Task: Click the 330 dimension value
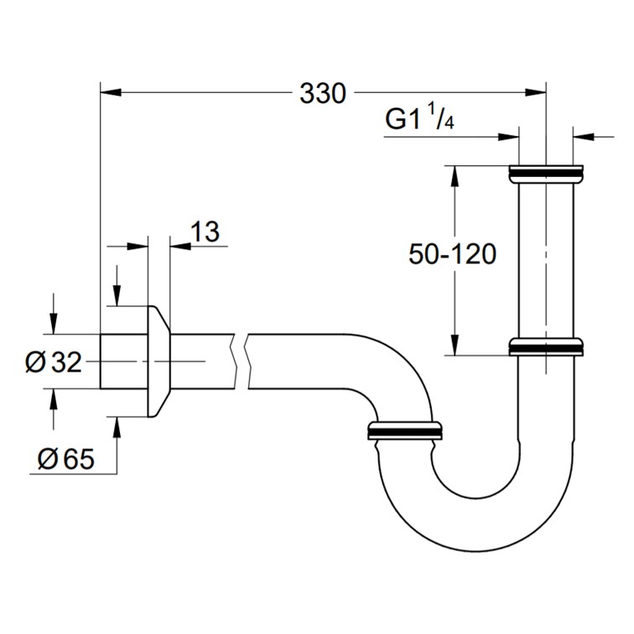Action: pyautogui.click(x=323, y=94)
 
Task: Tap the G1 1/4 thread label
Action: pyautogui.click(x=419, y=117)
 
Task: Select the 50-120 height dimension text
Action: pyautogui.click(x=453, y=254)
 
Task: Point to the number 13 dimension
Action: pyautogui.click(x=205, y=231)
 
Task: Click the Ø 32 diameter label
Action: pyautogui.click(x=54, y=362)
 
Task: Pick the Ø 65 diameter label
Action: pyautogui.click(x=66, y=459)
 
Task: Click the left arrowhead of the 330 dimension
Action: pyautogui.click(x=111, y=92)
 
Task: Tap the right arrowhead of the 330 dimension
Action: pyautogui.click(x=535, y=92)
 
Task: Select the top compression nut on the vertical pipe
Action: pyautogui.click(x=546, y=174)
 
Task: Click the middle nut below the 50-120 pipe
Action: pyautogui.click(x=546, y=347)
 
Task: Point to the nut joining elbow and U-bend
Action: pyautogui.click(x=405, y=430)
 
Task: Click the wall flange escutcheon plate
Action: pyautogui.click(x=159, y=361)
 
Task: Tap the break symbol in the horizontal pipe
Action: pyautogui.click(x=242, y=361)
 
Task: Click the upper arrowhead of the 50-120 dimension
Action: pyautogui.click(x=455, y=176)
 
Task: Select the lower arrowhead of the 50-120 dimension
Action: pyautogui.click(x=455, y=345)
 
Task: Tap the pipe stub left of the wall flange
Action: pyautogui.click(x=124, y=361)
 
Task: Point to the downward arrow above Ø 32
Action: pyautogui.click(x=54, y=314)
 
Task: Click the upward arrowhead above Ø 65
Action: pyautogui.click(x=117, y=429)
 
